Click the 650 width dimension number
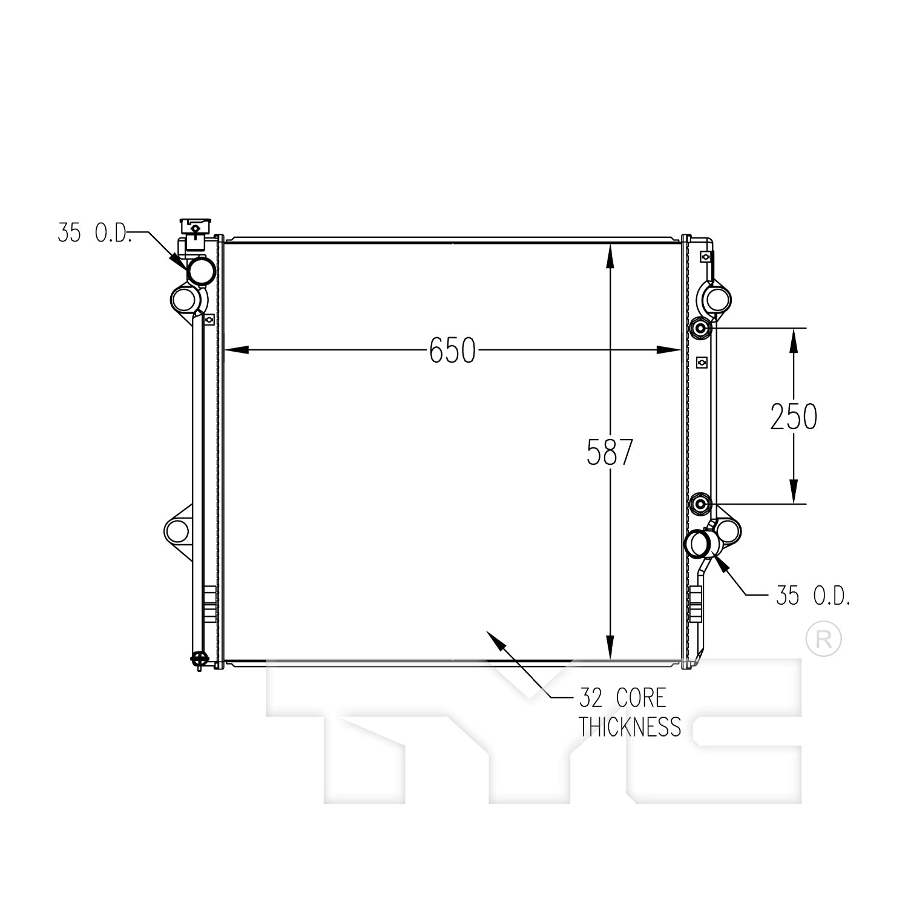tap(452, 350)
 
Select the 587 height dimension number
tap(610, 452)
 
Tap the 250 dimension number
tap(794, 416)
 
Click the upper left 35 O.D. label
tap(94, 232)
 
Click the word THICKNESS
tap(630, 726)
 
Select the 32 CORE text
tap(622, 698)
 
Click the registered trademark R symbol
tap(823, 639)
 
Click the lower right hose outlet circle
tap(699, 543)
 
